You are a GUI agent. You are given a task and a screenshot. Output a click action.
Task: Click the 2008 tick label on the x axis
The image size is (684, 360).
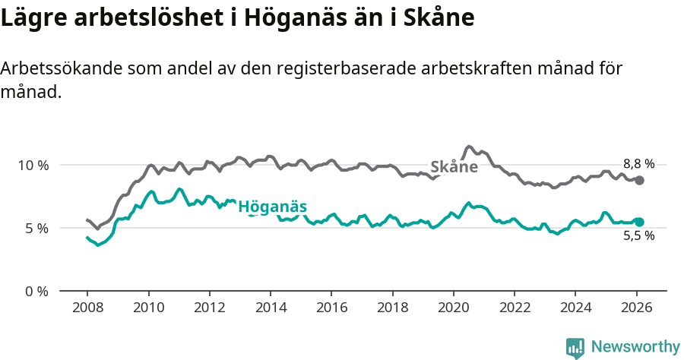click(x=87, y=308)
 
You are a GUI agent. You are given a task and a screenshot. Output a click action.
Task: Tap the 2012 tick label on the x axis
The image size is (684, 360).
click(x=209, y=308)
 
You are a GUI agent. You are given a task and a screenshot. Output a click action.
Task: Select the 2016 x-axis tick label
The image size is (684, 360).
click(x=331, y=308)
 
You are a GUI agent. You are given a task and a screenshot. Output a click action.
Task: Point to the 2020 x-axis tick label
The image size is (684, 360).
click(x=453, y=308)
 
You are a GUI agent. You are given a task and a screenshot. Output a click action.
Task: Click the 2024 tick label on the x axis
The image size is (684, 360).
click(x=575, y=308)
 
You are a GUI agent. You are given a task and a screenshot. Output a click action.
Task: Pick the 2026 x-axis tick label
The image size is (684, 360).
click(x=635, y=308)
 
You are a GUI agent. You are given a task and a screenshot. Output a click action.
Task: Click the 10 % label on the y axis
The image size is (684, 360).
click(x=33, y=165)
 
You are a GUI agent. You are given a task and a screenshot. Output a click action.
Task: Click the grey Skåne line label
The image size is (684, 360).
click(x=454, y=167)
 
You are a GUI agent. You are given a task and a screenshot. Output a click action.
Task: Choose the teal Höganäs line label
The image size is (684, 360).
click(x=272, y=207)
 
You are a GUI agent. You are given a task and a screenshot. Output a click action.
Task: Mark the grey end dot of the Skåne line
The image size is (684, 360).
click(x=640, y=180)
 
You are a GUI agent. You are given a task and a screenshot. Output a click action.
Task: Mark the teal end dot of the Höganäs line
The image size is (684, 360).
click(x=640, y=222)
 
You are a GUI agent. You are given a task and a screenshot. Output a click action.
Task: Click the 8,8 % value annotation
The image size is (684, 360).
click(x=638, y=163)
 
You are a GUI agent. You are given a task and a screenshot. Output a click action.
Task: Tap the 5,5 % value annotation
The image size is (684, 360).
click(x=638, y=236)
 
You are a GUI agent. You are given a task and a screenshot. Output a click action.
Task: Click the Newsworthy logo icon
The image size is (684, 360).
click(x=575, y=348)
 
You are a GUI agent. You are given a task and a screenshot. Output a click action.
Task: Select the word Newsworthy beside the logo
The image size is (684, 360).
click(x=635, y=347)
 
